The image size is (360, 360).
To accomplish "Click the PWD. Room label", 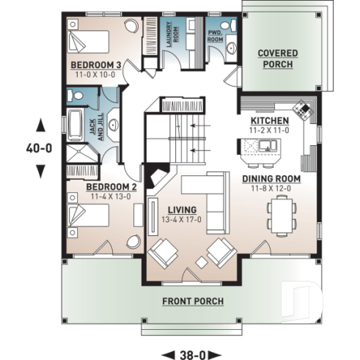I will point(216,37).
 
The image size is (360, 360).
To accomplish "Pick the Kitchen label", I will point(270,120).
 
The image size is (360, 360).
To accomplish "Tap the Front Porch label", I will point(194,301).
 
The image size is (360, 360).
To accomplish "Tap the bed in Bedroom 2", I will point(87,217).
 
